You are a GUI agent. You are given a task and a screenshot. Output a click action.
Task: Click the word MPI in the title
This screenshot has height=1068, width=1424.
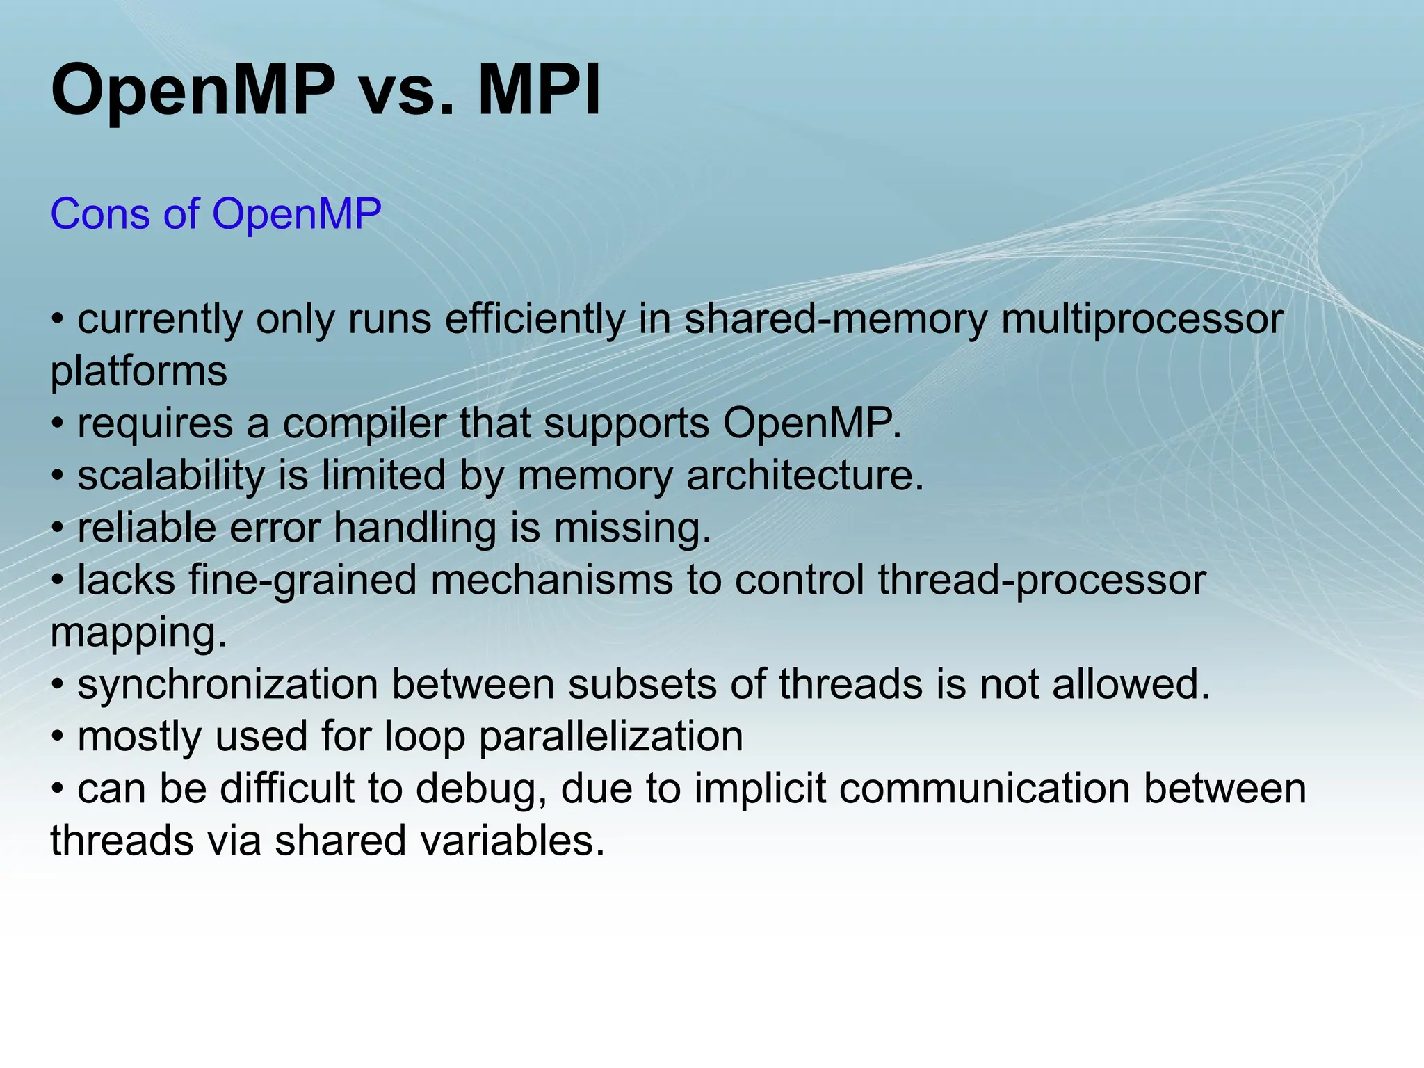click(539, 90)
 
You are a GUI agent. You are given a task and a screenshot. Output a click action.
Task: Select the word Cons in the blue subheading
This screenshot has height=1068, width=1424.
click(100, 213)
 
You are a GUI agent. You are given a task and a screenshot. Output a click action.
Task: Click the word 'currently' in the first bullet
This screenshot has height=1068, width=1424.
click(159, 320)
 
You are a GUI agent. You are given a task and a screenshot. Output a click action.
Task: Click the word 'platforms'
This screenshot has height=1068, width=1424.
click(138, 372)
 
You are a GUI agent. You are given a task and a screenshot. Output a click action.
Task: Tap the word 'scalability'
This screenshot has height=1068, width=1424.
click(171, 476)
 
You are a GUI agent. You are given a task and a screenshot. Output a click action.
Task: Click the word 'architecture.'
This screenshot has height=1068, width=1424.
click(805, 476)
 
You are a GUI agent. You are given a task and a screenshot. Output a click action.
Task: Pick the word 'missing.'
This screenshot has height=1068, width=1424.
click(633, 528)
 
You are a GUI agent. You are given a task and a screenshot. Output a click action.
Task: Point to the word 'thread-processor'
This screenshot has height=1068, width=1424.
click(1041, 581)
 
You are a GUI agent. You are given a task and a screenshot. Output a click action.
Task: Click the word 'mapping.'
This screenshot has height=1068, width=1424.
click(138, 633)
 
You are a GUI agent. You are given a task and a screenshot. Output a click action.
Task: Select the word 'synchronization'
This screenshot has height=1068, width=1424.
click(227, 685)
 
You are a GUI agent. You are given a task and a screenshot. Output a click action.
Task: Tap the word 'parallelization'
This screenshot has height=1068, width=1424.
click(611, 737)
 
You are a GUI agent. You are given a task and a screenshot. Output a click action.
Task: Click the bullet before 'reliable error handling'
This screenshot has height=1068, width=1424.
click(58, 529)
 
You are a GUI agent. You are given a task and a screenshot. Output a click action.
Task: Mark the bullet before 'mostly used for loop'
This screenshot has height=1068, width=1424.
click(58, 738)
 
